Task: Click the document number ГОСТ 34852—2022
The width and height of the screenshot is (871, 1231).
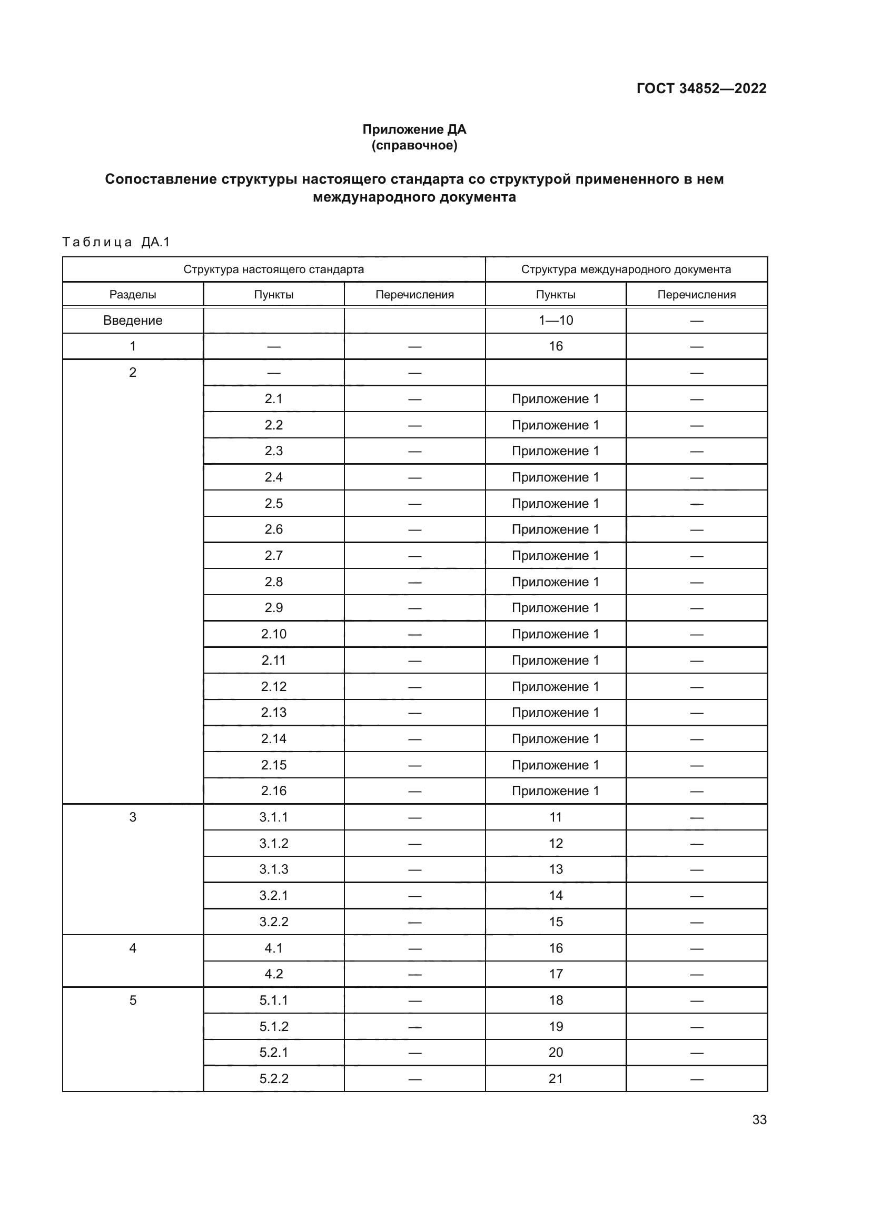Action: pyautogui.click(x=701, y=88)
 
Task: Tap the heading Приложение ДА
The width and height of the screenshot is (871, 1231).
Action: pyautogui.click(x=414, y=129)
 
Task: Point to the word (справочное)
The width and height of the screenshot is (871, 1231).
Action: pyautogui.click(x=414, y=145)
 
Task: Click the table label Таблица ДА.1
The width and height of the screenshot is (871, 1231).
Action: pyautogui.click(x=116, y=242)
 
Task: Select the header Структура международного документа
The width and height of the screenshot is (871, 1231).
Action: pyautogui.click(x=626, y=269)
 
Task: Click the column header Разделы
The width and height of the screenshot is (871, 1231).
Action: pyautogui.click(x=133, y=294)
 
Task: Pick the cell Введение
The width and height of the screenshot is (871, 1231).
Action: pyautogui.click(x=133, y=321)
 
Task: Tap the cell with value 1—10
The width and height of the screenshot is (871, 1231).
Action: pyautogui.click(x=556, y=321)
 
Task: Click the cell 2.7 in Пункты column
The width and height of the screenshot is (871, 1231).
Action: pyautogui.click(x=273, y=555)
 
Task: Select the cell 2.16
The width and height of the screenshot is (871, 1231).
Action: pyautogui.click(x=273, y=791)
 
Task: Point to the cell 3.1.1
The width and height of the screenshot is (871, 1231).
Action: pyautogui.click(x=273, y=817)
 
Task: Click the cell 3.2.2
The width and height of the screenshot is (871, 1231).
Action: pyautogui.click(x=273, y=922)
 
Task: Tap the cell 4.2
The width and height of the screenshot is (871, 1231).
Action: pyautogui.click(x=273, y=974)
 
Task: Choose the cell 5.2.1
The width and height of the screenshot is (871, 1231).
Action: pyautogui.click(x=273, y=1052)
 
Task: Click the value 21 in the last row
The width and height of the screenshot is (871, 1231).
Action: pyautogui.click(x=556, y=1078)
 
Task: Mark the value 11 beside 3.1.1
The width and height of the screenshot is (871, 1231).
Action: pyautogui.click(x=556, y=817)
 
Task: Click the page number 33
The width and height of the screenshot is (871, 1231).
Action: pyautogui.click(x=759, y=1119)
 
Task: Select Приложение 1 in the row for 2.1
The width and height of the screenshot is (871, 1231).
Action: pyautogui.click(x=555, y=399)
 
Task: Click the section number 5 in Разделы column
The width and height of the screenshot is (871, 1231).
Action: pyautogui.click(x=133, y=1000)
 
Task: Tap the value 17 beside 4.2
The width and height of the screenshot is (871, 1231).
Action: pyautogui.click(x=556, y=974)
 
